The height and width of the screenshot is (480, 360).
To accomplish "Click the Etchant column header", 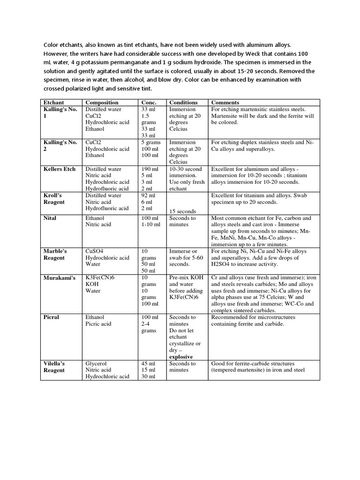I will [x=54, y=102].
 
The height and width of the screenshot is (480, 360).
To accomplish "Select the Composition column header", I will [x=102, y=102].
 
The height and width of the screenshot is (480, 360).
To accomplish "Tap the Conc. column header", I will [x=150, y=102].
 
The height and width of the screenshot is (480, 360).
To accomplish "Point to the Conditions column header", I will [x=183, y=102].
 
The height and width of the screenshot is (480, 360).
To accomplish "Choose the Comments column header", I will [x=225, y=102].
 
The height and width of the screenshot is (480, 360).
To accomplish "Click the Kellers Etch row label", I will [x=60, y=169].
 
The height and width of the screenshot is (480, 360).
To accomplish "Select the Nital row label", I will [x=50, y=218].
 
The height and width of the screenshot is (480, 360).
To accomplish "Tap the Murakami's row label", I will [x=60, y=277].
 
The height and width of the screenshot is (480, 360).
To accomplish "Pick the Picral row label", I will [x=52, y=317].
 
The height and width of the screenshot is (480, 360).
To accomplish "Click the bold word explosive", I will [x=182, y=356].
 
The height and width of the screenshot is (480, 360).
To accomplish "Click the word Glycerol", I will [x=96, y=363].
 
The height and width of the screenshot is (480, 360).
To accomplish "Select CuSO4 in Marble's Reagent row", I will [x=95, y=251].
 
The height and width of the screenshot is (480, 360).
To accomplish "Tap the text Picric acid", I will [x=98, y=323].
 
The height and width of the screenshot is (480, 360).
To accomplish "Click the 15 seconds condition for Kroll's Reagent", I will [x=183, y=211].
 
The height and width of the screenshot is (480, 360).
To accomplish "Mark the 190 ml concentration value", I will [x=150, y=169].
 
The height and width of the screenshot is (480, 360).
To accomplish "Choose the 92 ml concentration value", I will [x=149, y=195].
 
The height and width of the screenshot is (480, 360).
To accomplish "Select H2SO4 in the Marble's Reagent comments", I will [x=222, y=264].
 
